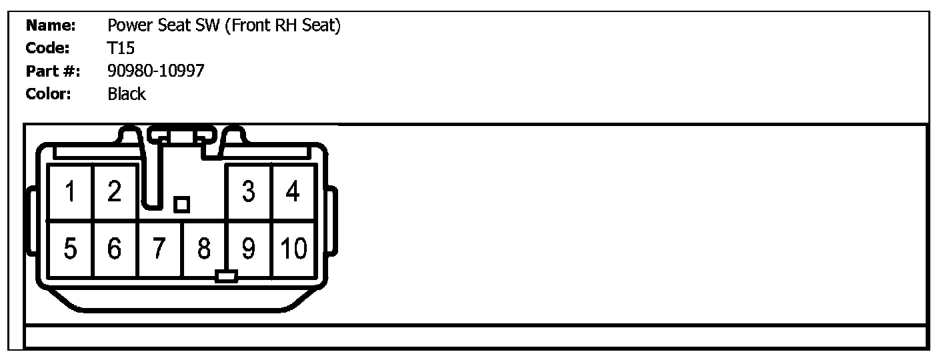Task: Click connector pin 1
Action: pos(70,193)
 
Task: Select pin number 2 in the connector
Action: pos(115,193)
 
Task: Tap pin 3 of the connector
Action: pos(249,193)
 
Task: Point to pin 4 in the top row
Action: pos(293,193)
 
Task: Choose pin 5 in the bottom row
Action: pos(70,249)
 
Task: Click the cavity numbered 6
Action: pos(115,249)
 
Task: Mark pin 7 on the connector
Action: pos(159,249)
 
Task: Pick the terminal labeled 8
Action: pos(204,249)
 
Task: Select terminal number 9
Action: pos(249,249)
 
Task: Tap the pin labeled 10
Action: pos(293,249)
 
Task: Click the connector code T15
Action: pos(121,49)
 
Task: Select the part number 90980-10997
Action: pos(155,71)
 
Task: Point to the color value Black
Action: pos(126,94)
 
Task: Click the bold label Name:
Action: pos(50,26)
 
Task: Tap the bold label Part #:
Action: pos(53,71)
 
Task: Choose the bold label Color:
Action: pos(48,94)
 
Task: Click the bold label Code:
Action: pos(47,49)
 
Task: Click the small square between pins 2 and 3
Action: pos(181,205)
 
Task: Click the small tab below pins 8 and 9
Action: pos(227,276)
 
